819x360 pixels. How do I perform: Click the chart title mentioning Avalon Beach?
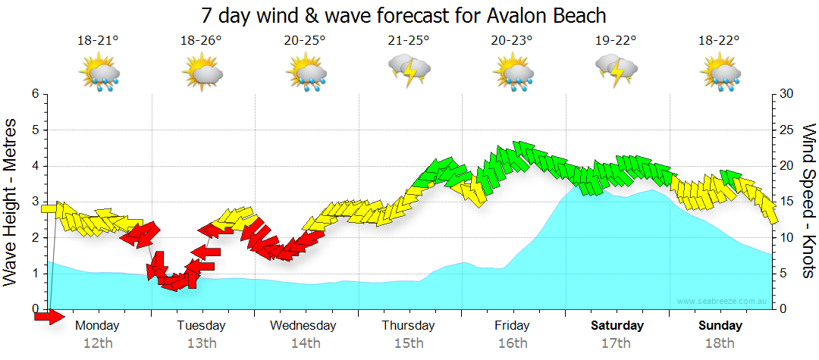(404, 15)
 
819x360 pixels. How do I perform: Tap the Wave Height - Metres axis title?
(12, 201)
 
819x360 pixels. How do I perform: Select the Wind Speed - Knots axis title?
(807, 201)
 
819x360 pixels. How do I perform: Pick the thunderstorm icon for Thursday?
(409, 70)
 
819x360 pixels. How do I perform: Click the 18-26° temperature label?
(201, 41)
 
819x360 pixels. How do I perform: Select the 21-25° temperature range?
(409, 41)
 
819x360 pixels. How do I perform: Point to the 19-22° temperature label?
(616, 41)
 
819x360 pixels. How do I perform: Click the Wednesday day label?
(303, 326)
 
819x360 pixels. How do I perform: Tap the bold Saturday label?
(617, 326)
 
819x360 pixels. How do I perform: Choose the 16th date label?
(513, 343)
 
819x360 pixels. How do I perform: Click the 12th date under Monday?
(98, 343)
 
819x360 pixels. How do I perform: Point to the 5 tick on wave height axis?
(34, 130)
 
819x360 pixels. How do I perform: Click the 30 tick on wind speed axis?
(788, 94)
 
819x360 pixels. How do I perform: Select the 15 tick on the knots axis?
(788, 202)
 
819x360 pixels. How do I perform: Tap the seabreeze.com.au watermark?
(723, 302)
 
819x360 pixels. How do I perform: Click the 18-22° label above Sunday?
(720, 41)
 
